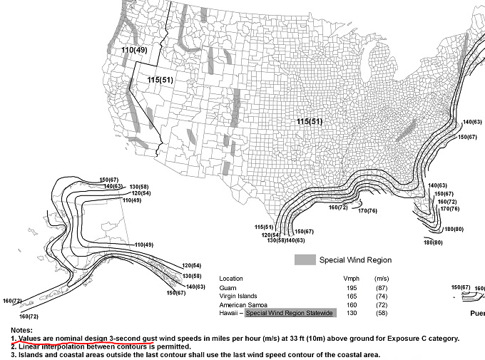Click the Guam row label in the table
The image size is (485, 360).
tap(229, 287)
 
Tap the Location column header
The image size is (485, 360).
tap(233, 278)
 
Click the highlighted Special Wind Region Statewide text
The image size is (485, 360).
tap(289, 314)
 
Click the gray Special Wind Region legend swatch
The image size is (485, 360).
tap(305, 260)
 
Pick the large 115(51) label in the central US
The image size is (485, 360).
tap(310, 122)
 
